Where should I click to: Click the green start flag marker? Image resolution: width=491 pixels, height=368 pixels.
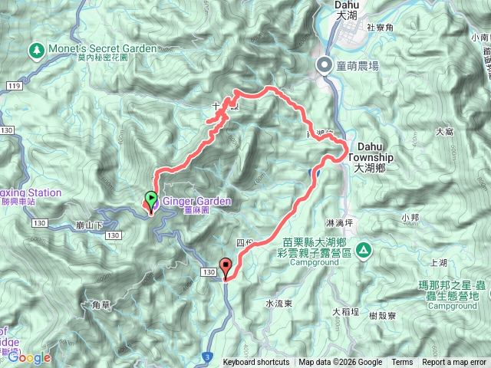[x=151, y=201]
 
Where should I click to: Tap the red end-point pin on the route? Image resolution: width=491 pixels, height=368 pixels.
[x=226, y=268]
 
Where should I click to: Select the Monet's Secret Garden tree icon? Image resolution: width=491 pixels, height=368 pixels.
[x=35, y=51]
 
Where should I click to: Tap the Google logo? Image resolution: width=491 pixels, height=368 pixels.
[x=28, y=357]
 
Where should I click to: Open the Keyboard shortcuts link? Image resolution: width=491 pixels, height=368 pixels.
[x=256, y=363]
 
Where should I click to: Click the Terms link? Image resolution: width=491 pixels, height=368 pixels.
[x=402, y=363]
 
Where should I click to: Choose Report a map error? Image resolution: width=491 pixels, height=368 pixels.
[x=454, y=363]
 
